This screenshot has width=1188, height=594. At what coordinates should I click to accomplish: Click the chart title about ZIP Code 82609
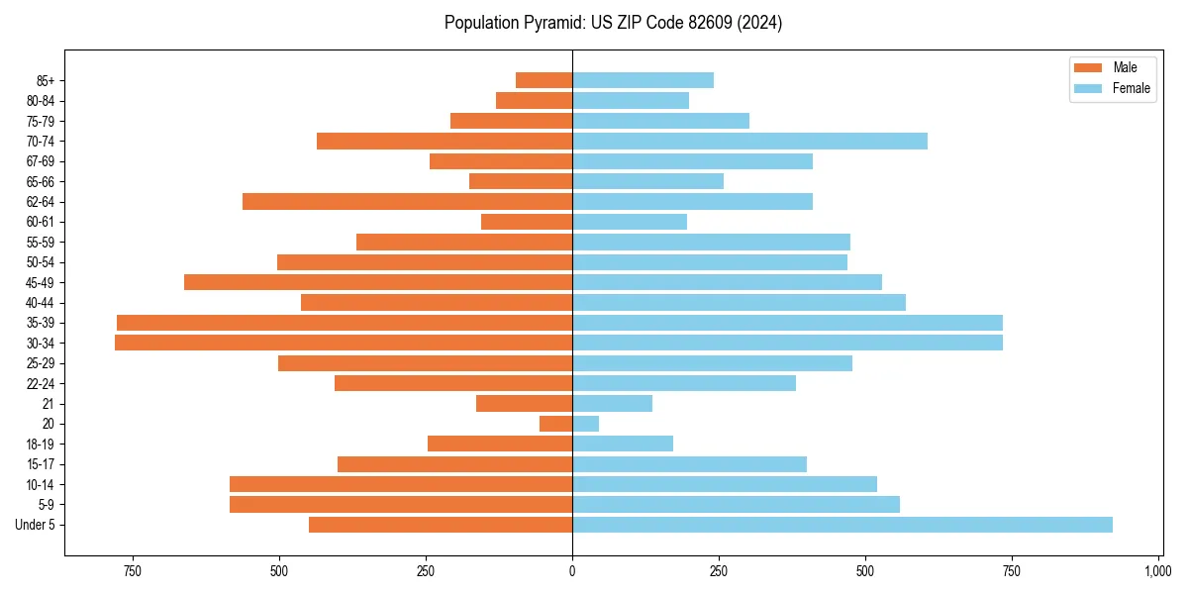coord(613,23)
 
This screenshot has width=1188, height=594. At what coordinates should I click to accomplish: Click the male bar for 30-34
coord(344,343)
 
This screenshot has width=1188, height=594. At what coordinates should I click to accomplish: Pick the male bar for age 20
coord(555,424)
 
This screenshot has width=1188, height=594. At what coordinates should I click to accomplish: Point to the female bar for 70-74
coord(749,141)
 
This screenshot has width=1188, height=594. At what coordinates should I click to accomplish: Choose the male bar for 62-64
coord(407,201)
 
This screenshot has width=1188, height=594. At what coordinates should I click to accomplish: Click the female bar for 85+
coord(643,80)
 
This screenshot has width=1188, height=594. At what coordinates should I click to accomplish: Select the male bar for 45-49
coord(378,282)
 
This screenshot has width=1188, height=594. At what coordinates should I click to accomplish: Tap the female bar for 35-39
coord(787,323)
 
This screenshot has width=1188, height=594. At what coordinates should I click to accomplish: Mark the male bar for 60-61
coord(527,222)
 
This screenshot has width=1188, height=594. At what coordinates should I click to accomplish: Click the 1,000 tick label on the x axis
coord(1157,572)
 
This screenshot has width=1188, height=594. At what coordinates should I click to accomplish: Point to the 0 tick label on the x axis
coord(572,572)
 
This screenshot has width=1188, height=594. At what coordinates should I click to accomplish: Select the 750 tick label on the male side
coord(133,572)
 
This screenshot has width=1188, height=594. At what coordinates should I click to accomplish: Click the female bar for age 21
coord(612,403)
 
